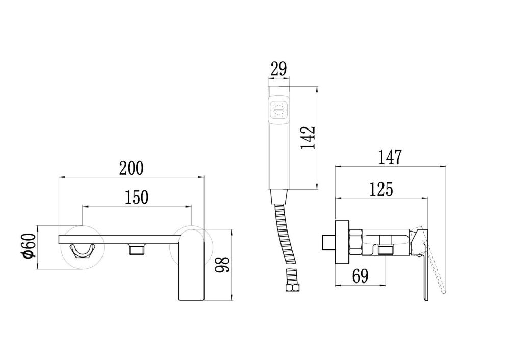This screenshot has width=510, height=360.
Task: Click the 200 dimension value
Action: [x=131, y=168]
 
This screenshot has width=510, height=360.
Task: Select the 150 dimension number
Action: [x=137, y=197]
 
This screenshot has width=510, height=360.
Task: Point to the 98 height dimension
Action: [x=222, y=264]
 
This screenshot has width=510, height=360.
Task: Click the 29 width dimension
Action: [x=278, y=69]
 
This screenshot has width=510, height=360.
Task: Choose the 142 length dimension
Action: [x=308, y=137]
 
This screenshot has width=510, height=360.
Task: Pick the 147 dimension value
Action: [x=390, y=158]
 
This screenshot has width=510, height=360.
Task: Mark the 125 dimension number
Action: [x=381, y=189]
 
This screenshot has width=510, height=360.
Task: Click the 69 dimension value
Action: [x=360, y=276]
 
